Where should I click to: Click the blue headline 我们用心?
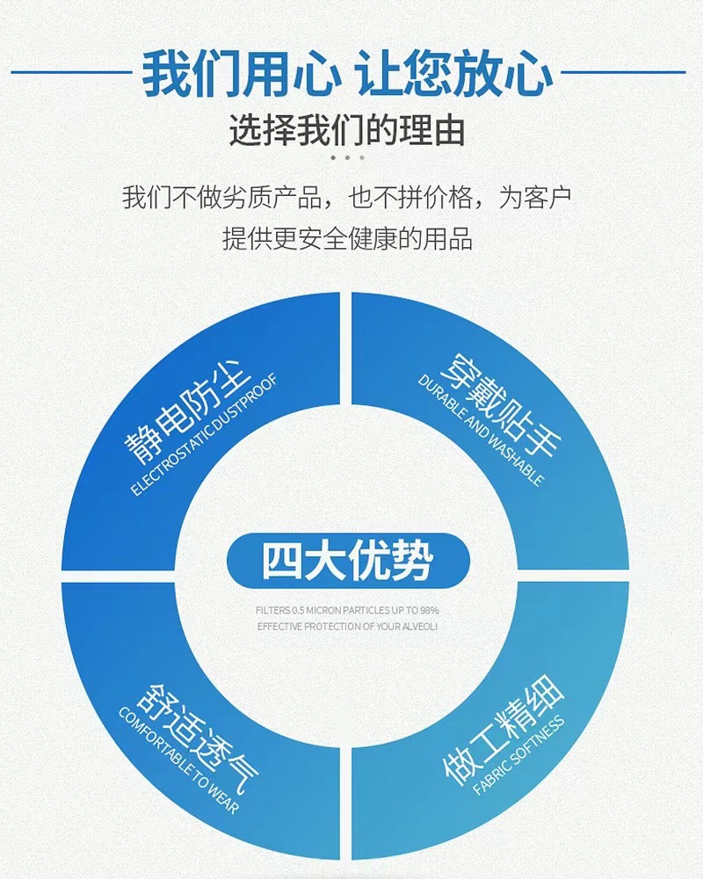pyautogui.click(x=240, y=73)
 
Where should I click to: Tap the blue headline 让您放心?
pyautogui.click(x=454, y=73)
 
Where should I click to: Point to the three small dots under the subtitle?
pyautogui.click(x=348, y=158)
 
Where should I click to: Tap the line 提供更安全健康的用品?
pyautogui.click(x=348, y=237)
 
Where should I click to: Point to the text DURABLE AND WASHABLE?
pyautogui.click(x=480, y=431)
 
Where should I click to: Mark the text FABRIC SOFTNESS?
pyautogui.click(x=518, y=756)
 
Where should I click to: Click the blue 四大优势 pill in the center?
pyautogui.click(x=348, y=561)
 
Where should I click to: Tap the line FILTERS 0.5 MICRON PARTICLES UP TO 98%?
pyautogui.click(x=347, y=609)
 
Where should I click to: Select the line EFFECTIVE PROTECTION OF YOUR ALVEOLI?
pyautogui.click(x=347, y=626)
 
